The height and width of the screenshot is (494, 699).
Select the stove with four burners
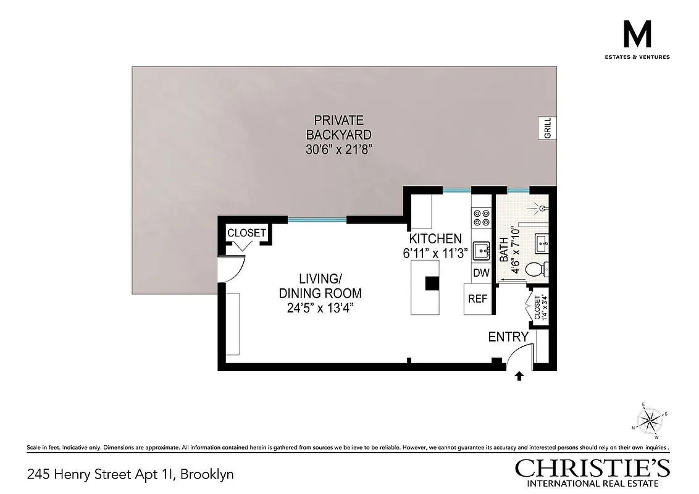(481, 217)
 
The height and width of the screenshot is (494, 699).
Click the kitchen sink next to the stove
(482, 251)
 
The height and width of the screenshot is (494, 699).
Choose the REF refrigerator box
(477, 299)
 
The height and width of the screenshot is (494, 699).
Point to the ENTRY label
(508, 337)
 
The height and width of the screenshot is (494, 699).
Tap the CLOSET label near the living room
(247, 233)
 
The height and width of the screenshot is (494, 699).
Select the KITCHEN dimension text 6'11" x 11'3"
(435, 253)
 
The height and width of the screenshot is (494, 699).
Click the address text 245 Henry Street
(130, 475)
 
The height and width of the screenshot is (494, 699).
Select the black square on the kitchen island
(432, 283)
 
